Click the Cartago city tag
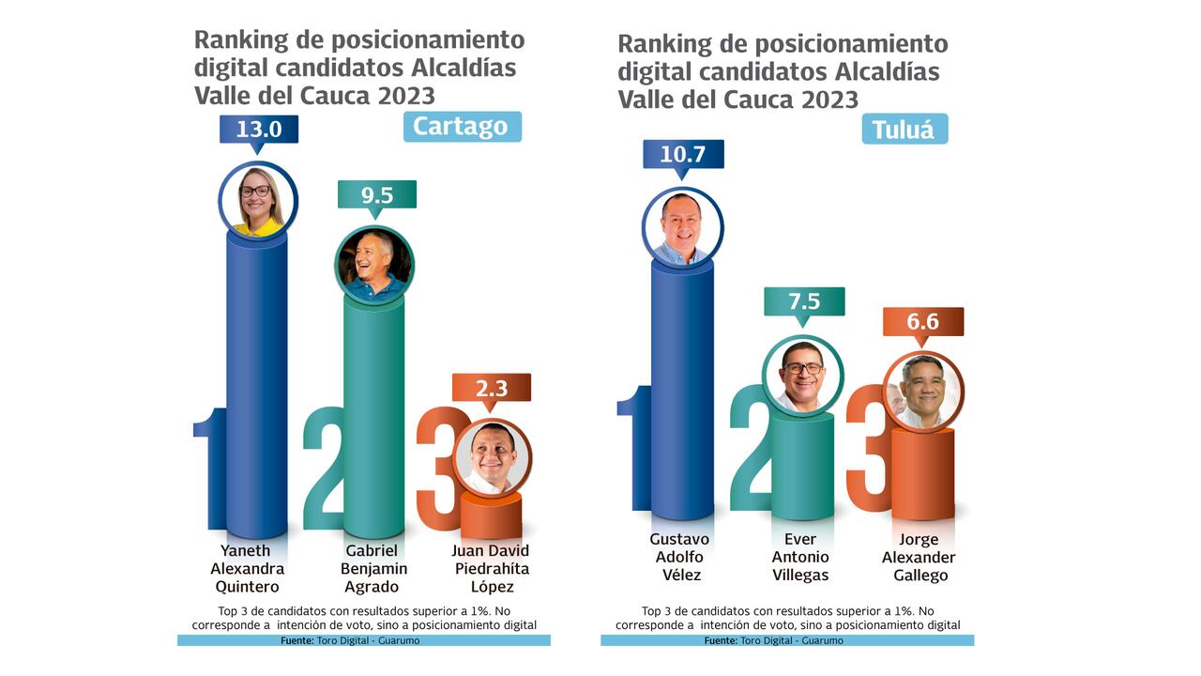coord(462,127)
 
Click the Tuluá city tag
coord(904,130)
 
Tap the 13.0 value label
coord(259,130)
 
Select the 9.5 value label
coord(376,195)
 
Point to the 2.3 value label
coord(491,388)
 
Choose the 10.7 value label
coord(682,154)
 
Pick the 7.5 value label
coord(803,301)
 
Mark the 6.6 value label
coord(922,322)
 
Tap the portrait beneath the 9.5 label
coord(374,264)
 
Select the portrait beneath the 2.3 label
coord(492,457)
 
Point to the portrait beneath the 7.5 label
coord(803,375)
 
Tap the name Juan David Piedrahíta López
coord(491,569)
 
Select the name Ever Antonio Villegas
coord(800,558)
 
